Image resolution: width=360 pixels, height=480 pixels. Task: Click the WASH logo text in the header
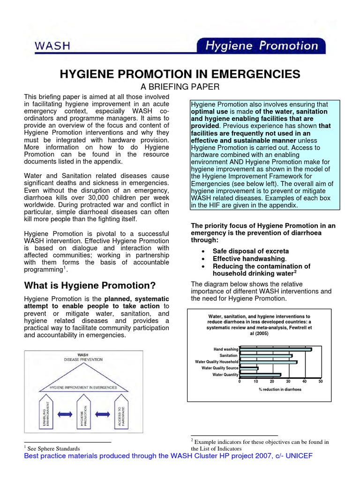tap(52, 45)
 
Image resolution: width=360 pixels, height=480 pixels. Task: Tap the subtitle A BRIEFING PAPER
tap(180, 87)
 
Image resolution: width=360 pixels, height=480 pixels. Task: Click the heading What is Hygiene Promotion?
tap(90, 285)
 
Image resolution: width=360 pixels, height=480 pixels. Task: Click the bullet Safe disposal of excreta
tap(251, 251)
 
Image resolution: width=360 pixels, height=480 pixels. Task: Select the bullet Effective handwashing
tap(249, 259)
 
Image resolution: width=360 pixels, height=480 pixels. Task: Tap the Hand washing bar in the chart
tap(275, 349)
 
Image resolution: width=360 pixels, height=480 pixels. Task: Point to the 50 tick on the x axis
tap(321, 382)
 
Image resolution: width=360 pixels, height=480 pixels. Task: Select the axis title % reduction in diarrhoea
tap(280, 390)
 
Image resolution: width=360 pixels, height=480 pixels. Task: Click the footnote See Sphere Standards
tap(54, 448)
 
